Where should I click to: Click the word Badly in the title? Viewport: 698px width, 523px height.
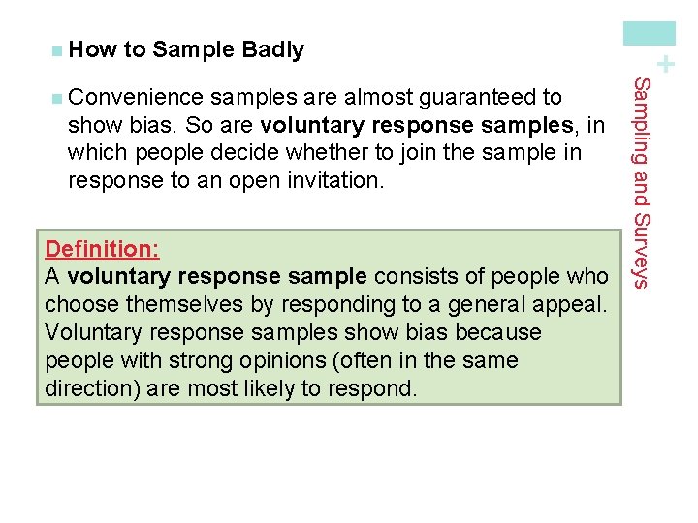[273, 49]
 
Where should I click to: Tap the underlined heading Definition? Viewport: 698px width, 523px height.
[102, 249]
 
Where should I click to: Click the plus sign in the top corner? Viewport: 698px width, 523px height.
[665, 65]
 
